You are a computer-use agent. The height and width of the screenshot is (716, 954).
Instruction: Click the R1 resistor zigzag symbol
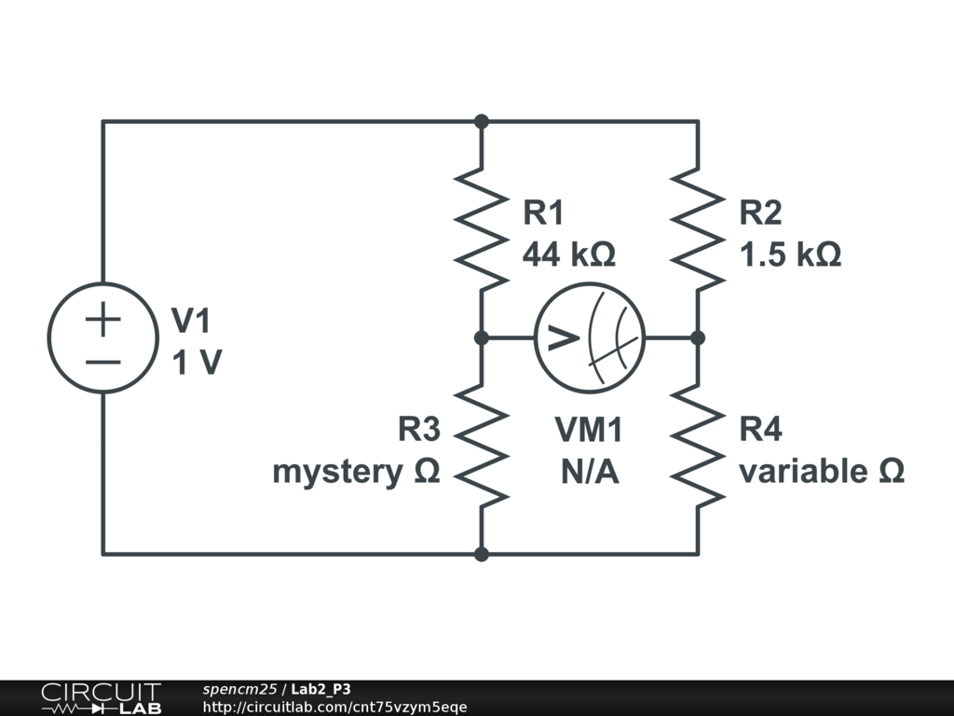click(482, 228)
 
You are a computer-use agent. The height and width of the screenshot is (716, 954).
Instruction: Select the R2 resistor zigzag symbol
click(698, 228)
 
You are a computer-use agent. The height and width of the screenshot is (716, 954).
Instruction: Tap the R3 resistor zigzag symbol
click(482, 446)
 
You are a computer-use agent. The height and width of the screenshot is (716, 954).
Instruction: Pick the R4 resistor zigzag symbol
click(698, 446)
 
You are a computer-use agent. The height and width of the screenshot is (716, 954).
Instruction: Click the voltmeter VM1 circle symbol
click(590, 337)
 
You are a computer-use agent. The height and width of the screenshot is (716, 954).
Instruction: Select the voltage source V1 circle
click(103, 337)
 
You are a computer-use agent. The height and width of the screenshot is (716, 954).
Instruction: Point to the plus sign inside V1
click(103, 321)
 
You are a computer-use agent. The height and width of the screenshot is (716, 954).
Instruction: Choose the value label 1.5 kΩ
click(790, 255)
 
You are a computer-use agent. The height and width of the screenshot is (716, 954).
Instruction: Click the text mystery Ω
click(355, 472)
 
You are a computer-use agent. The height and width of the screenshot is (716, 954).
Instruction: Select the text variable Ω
click(822, 472)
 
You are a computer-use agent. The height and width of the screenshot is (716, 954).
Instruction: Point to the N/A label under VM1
click(590, 472)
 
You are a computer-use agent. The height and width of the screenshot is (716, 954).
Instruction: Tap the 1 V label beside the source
click(196, 363)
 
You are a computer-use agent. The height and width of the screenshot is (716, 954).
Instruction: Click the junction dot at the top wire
click(482, 121)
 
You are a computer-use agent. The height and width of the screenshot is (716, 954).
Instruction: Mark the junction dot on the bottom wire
click(482, 554)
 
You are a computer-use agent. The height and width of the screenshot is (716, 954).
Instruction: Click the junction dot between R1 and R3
click(482, 337)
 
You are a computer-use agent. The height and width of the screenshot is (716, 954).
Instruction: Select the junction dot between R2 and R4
click(698, 337)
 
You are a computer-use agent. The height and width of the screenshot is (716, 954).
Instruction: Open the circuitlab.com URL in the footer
click(334, 707)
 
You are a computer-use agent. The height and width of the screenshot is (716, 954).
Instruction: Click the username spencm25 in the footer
click(239, 689)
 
